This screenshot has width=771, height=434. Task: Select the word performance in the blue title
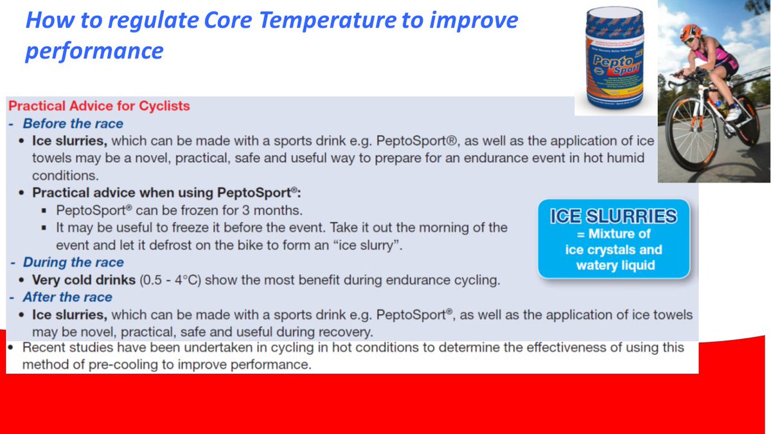[x=94, y=51]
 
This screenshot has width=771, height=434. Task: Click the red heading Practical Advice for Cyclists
[x=100, y=106]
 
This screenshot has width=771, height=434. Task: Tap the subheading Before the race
[x=73, y=123]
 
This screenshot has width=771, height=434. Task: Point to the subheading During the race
[x=73, y=262]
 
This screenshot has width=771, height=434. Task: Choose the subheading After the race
[x=67, y=297]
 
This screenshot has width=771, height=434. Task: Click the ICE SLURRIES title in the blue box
[x=613, y=217]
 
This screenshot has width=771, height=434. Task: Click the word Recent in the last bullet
[x=43, y=348]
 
